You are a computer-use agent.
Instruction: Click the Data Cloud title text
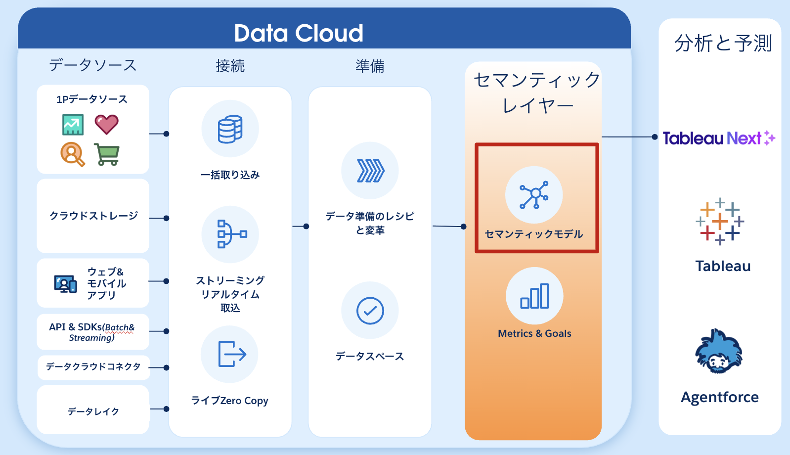[x=299, y=34]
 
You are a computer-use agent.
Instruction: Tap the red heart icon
[x=106, y=124]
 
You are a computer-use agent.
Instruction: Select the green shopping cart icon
[x=107, y=154]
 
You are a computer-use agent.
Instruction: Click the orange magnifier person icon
[x=72, y=154]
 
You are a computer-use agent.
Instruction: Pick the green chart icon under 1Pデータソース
[x=73, y=125]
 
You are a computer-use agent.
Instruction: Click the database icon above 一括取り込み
[x=230, y=129]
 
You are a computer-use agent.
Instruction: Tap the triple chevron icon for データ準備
[x=370, y=171]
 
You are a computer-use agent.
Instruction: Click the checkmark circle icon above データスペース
[x=370, y=311]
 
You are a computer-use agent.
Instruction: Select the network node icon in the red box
[x=533, y=195]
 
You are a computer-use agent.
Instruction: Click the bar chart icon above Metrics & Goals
[x=534, y=296]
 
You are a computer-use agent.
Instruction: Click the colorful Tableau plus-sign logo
[x=720, y=222]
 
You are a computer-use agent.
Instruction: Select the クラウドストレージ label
[x=93, y=216]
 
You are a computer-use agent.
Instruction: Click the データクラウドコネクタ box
[x=93, y=367]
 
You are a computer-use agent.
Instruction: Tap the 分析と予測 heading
[x=723, y=44]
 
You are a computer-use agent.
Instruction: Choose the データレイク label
[x=93, y=411]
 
